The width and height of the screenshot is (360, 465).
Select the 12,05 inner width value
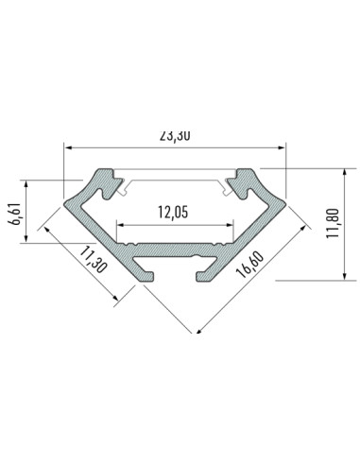(175, 213)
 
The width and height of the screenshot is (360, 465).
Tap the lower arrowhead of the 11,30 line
(117, 300)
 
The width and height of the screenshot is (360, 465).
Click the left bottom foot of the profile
(146, 273)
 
